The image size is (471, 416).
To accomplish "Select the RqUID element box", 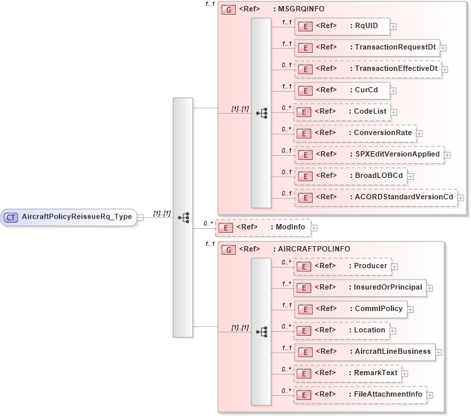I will pos(342,26).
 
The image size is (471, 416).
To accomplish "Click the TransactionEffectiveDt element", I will pos(368,69).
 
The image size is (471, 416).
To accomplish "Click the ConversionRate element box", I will pos(355,133).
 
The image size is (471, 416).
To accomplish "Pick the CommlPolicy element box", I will pos(351,309).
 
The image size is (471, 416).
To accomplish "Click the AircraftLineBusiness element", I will pos(364,352).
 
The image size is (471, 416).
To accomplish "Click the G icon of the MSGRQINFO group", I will pos(228,11).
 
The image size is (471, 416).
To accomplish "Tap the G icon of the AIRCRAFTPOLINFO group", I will pos(228,249).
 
